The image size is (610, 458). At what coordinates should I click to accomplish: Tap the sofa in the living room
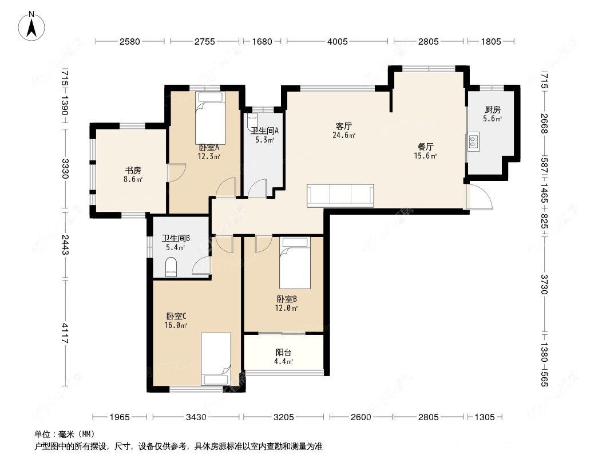click(340, 195)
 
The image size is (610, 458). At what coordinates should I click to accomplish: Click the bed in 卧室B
click(294, 264)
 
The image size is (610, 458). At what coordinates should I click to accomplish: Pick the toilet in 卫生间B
click(171, 268)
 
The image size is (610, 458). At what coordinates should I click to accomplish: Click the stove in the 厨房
click(473, 141)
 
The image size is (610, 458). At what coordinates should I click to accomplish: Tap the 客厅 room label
click(343, 127)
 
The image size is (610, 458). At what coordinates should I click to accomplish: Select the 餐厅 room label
click(425, 147)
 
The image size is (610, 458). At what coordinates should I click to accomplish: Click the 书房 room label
click(133, 170)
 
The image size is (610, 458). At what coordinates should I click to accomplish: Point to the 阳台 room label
click(284, 353)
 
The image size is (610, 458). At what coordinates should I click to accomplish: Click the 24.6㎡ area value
click(344, 136)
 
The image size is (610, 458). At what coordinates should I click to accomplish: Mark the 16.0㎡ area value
click(176, 325)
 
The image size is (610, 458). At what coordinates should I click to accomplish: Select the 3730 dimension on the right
click(544, 284)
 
